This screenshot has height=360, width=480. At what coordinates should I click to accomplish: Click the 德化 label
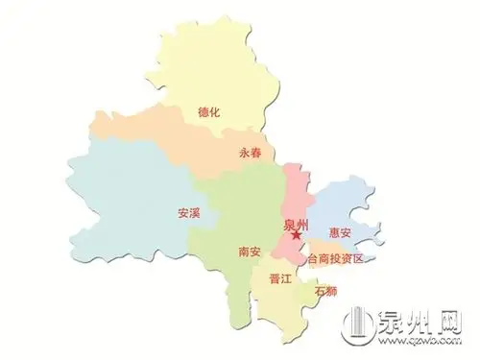click(208, 112)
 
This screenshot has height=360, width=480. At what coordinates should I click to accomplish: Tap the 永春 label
click(252, 152)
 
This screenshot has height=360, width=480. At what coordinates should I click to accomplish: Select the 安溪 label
click(189, 213)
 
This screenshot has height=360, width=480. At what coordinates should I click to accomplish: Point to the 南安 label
click(249, 252)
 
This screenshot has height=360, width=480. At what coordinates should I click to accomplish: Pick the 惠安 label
click(341, 231)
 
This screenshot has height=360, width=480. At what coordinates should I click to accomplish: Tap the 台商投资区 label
click(336, 260)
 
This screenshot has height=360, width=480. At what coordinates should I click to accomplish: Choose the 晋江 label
click(281, 279)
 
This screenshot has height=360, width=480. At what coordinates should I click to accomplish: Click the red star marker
click(297, 235)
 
